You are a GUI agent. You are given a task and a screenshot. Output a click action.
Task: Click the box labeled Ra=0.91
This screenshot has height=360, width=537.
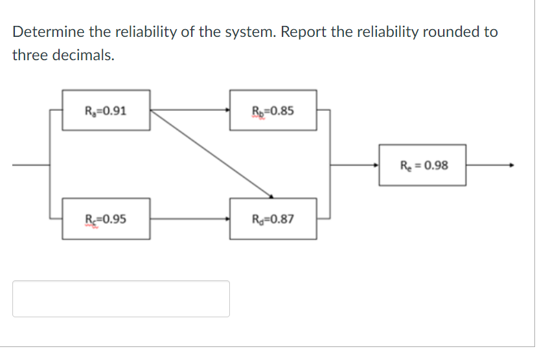pos(106,110)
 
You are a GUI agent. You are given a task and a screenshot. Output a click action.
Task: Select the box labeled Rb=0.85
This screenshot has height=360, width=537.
pos(273,110)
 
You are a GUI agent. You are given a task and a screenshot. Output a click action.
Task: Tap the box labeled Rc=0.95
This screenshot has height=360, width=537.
pos(106,218)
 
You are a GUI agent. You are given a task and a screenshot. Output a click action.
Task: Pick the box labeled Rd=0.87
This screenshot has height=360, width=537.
pos(273,218)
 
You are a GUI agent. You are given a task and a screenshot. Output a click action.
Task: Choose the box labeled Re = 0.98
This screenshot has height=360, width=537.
pos(422,165)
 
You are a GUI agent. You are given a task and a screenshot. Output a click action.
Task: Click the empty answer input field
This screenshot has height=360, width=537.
pos(120,298)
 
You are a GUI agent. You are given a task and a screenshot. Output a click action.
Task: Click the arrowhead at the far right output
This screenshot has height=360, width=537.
pos(512,165)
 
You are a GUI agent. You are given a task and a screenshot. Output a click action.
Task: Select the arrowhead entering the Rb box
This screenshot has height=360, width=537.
pos(227,110)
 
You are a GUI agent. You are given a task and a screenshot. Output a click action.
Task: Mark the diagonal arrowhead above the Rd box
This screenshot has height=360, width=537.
pos(271,196)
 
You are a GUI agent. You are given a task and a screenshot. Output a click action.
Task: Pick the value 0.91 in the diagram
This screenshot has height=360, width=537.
pos(115,110)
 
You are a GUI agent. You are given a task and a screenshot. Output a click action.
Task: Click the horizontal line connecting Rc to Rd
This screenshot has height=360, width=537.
pos(189,218)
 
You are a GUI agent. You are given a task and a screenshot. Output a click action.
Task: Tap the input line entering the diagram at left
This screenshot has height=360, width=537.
pos(30,165)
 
